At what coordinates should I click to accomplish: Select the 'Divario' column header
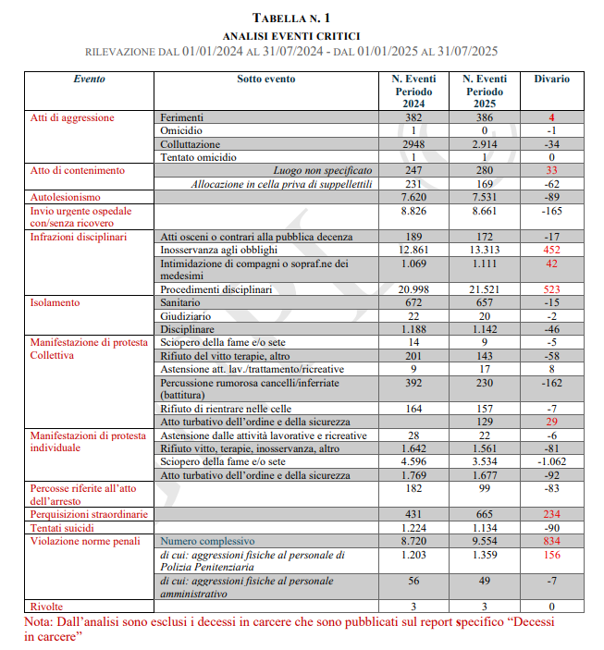551,79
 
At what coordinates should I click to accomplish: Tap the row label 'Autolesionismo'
66,197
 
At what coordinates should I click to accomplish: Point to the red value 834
551,541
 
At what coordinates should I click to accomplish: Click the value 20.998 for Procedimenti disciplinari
413,289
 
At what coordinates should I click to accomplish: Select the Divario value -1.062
551,461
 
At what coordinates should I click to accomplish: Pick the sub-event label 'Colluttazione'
191,144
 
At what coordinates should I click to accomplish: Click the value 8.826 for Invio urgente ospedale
413,211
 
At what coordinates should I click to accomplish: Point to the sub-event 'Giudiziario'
187,316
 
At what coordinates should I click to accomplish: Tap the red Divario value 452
551,250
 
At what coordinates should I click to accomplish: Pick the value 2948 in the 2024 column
413,144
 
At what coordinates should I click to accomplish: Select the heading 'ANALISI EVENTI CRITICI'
302,34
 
